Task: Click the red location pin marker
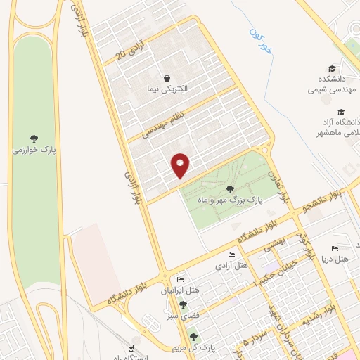coord(181,165)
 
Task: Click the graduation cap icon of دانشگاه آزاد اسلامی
coord(341,112)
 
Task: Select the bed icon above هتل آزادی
coord(231,255)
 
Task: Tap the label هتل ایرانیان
coord(181,290)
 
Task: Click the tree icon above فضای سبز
coord(184,304)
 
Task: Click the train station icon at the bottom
coord(131,348)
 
